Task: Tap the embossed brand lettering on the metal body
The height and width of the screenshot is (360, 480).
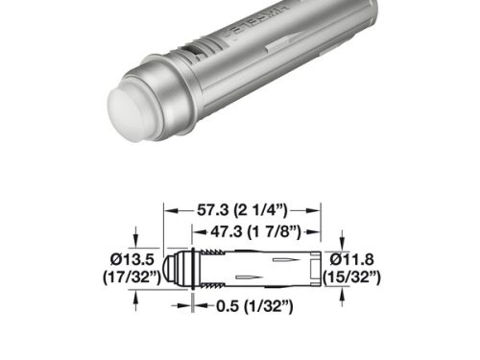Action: click(x=257, y=28)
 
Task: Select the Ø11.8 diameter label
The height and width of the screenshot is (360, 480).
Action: click(x=354, y=258)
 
